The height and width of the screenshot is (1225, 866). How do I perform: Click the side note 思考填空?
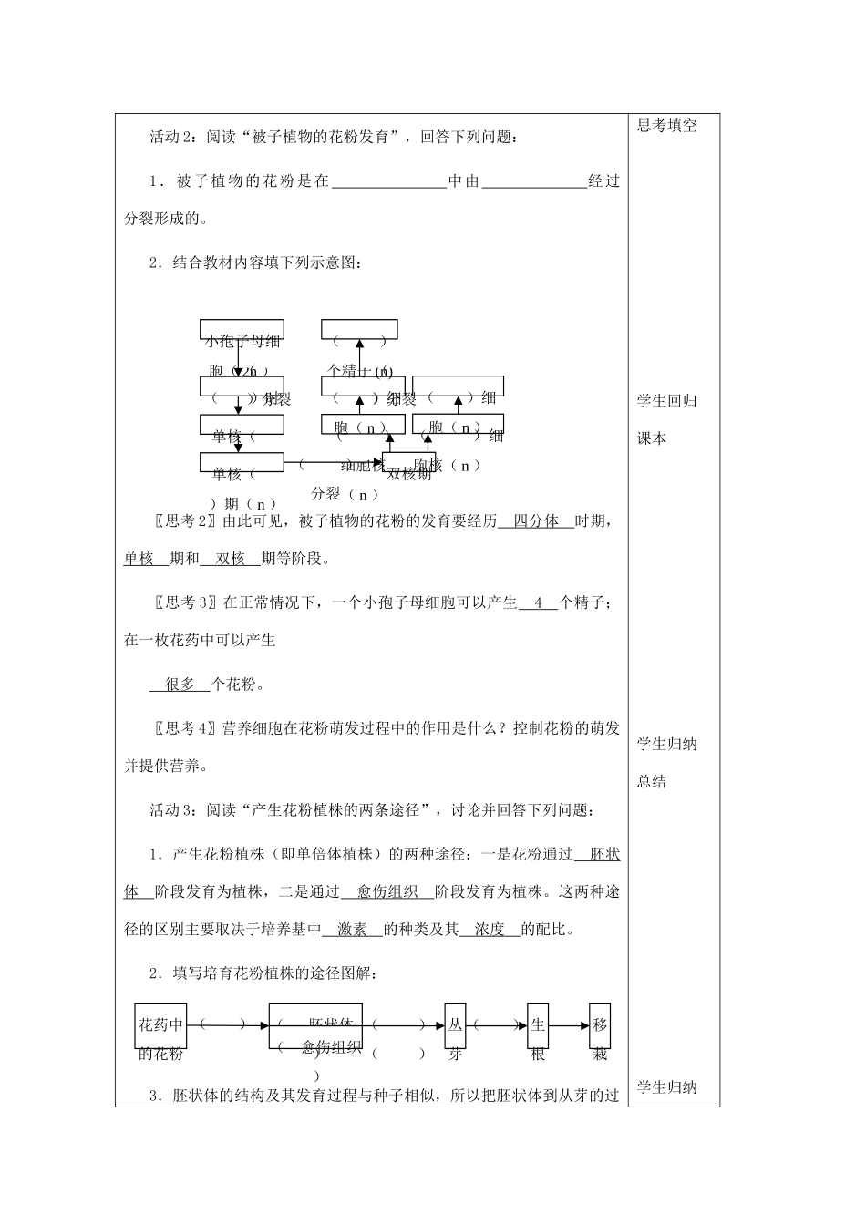(666, 127)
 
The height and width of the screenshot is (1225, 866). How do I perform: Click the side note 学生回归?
(666, 401)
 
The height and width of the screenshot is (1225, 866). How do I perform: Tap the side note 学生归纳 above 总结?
(666, 745)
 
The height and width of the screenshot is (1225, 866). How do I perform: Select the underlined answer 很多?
(180, 685)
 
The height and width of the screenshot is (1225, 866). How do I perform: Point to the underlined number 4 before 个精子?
(538, 602)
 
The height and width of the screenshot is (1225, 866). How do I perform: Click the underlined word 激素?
(352, 930)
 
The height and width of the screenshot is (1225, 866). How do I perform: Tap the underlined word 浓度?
(490, 930)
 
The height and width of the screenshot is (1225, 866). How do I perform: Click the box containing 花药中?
(160, 1025)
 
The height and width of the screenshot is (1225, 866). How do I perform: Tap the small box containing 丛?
(455, 1025)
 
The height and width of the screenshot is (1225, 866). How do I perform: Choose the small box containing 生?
(538, 1025)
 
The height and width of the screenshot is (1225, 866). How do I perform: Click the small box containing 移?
(599, 1025)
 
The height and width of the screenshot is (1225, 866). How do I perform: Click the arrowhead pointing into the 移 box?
(584, 1025)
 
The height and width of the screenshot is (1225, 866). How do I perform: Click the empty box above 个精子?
(359, 329)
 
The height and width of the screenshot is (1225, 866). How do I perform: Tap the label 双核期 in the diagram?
(409, 474)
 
